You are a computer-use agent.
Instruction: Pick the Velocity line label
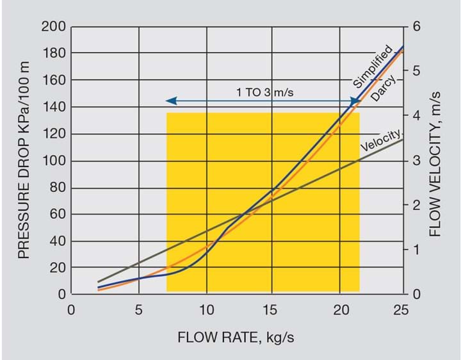(380, 140)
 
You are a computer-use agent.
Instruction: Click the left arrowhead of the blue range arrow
(170, 101)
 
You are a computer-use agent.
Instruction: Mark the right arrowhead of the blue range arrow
(355, 101)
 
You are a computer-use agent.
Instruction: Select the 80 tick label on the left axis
(56, 188)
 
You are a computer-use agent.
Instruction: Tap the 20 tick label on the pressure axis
(56, 268)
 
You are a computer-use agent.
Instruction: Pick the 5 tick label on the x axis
(139, 309)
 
